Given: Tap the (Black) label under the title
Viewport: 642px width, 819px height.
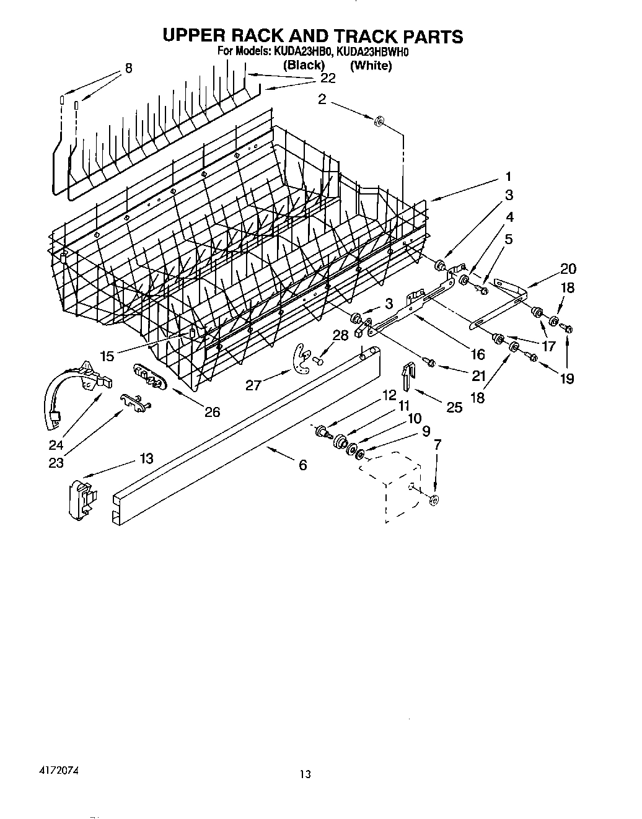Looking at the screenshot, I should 304,65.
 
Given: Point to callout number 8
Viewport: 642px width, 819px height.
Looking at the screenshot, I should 128,68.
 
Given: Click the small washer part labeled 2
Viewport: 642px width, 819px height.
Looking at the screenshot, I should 379,120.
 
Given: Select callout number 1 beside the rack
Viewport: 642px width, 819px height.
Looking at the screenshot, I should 508,177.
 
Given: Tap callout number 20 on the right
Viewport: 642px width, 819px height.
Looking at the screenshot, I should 568,268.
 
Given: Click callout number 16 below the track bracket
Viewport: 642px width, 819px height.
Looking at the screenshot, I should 477,354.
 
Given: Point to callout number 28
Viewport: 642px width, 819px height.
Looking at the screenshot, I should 340,335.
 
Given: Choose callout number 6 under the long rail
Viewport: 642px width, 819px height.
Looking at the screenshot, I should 302,465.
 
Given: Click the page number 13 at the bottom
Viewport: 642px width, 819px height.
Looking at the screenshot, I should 304,774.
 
